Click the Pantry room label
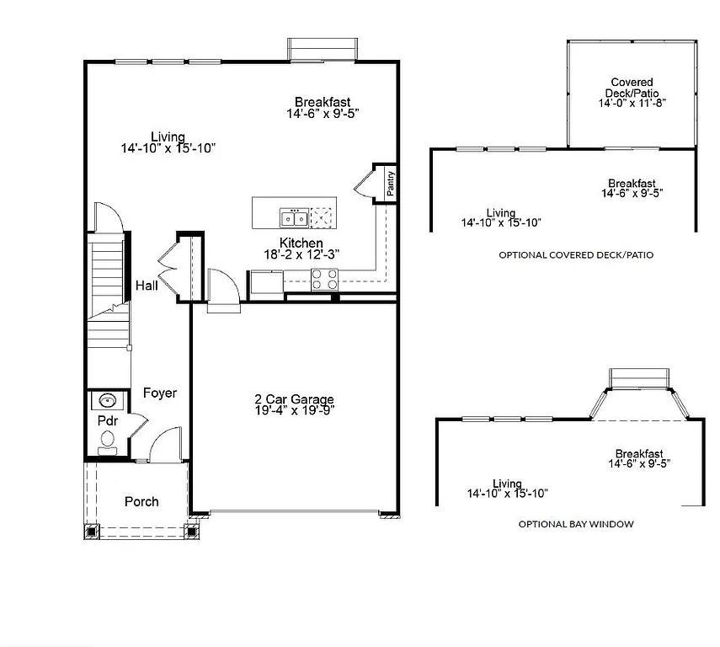391,184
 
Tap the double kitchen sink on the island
294,218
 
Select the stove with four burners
325,279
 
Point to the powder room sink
107,400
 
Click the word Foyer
159,393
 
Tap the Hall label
147,286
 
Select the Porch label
141,501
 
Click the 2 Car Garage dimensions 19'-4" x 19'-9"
295,410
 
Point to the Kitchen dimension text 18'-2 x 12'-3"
301,254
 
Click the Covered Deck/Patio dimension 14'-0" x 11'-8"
632,104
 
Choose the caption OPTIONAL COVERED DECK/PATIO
576,254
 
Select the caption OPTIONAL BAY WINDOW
576,524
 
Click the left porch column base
91,531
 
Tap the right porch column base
191,531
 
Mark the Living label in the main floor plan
168,136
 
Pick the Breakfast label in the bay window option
638,453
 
